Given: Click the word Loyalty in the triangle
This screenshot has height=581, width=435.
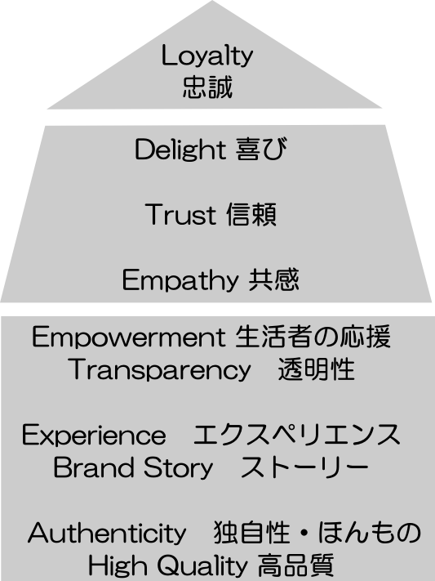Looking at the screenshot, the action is point(207,56).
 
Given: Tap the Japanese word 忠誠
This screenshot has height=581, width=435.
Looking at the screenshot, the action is point(207,87).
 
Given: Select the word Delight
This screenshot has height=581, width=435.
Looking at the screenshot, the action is point(180,150).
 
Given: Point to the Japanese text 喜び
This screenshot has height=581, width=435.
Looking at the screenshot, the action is point(261,149).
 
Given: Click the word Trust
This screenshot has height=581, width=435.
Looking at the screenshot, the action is point(180,214).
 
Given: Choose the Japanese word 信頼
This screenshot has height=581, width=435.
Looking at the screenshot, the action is point(251,214).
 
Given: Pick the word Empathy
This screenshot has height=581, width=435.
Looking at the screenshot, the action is point(180,280).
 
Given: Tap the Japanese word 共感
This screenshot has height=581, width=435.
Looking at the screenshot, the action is point(273,279).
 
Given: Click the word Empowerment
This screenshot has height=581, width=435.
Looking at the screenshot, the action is point(128,337).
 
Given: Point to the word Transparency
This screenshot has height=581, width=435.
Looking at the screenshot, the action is point(160,370).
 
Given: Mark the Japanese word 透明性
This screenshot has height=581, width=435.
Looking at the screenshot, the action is point(317,369).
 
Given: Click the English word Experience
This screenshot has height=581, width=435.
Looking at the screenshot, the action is point(94,436).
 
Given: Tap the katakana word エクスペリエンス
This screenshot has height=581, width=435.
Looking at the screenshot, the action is point(297,434).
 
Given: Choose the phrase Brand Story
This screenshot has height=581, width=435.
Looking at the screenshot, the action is point(133,467).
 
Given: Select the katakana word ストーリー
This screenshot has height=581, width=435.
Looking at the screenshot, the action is point(304,467).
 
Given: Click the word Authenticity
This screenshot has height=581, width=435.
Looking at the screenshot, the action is point(107,534).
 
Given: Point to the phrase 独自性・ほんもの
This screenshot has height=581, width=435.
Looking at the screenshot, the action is point(317,533).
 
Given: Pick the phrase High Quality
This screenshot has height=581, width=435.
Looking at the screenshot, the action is point(168,566).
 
